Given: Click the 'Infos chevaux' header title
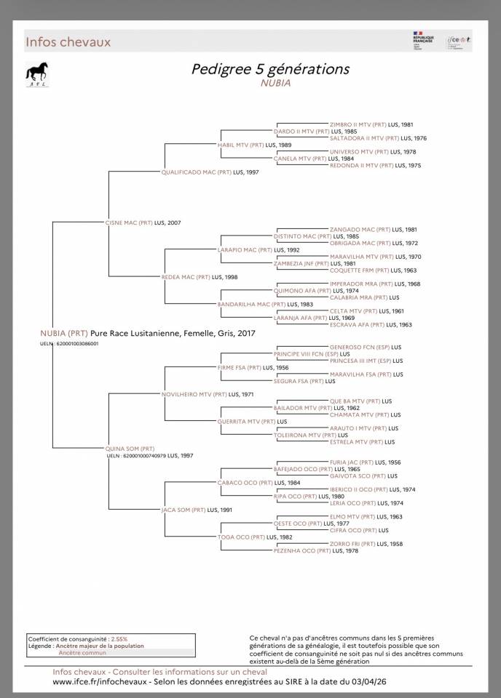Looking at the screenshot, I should [x=68, y=42].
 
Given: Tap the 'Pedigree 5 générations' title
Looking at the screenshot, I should [x=270, y=69].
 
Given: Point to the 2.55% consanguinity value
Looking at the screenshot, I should [x=119, y=638].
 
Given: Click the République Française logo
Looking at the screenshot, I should [x=423, y=41].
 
